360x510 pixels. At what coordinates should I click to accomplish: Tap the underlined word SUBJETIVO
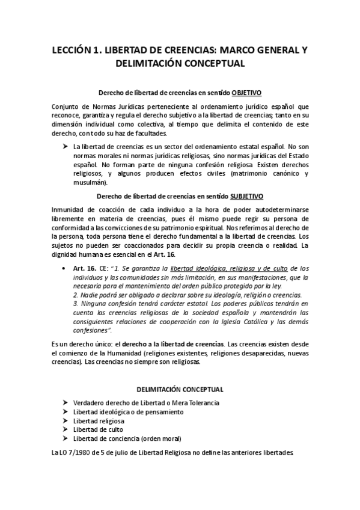pyautogui.click(x=246, y=197)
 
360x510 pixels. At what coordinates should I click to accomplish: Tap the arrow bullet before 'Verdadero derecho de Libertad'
pyautogui.click(x=64, y=402)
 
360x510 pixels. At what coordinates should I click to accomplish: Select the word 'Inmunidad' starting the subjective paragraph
pyautogui.click(x=69, y=209)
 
